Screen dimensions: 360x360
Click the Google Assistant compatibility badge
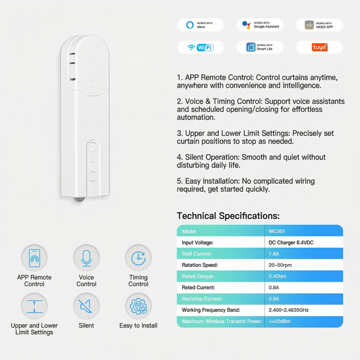[260, 25]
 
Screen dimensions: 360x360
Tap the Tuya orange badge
[319, 47]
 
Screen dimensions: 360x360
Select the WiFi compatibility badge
[200, 47]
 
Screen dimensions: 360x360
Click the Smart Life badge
[260, 47]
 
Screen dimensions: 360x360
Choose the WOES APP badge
[319, 25]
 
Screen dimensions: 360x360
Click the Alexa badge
[200, 25]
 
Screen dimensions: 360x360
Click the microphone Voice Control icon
[86, 257]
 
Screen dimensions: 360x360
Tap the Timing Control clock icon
[138, 257]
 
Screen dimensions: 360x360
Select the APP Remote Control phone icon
[34, 257]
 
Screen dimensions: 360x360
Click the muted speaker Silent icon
[86, 305]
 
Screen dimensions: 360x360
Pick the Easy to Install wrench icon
[138, 305]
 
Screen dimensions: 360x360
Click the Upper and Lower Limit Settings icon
[34, 305]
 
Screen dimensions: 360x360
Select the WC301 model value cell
[305, 231]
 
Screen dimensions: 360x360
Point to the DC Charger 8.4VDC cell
[305, 242]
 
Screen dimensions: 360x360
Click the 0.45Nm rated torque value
[305, 276]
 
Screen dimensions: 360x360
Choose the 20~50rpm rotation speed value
[305, 265]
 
